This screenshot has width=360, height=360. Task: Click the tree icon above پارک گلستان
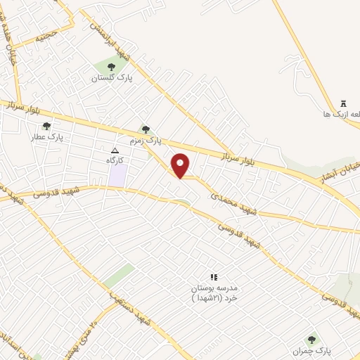pyautogui.click(x=111, y=67)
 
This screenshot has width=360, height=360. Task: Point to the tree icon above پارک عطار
pyautogui.click(x=46, y=127)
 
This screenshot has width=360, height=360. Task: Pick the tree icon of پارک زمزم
pyautogui.click(x=146, y=129)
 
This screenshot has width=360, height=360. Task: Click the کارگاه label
pyautogui.click(x=115, y=160)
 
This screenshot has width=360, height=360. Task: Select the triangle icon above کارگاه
pyautogui.click(x=115, y=150)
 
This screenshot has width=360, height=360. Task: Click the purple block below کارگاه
pyautogui.click(x=117, y=175)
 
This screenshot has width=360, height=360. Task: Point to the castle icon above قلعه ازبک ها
pyautogui.click(x=344, y=103)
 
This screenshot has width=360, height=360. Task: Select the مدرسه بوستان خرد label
pyautogui.click(x=214, y=293)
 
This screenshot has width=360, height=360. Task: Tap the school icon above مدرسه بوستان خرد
pyautogui.click(x=214, y=278)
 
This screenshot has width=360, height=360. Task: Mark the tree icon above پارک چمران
pyautogui.click(x=311, y=340)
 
